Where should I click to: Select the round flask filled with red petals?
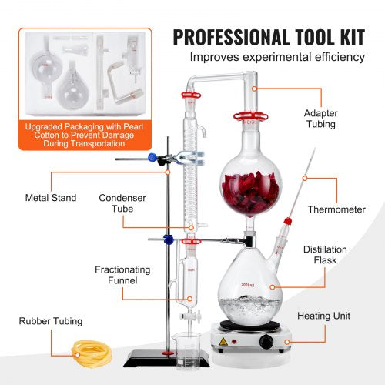pyautogui.click(x=252, y=179)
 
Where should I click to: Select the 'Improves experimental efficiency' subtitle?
pyautogui.click(x=278, y=57)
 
